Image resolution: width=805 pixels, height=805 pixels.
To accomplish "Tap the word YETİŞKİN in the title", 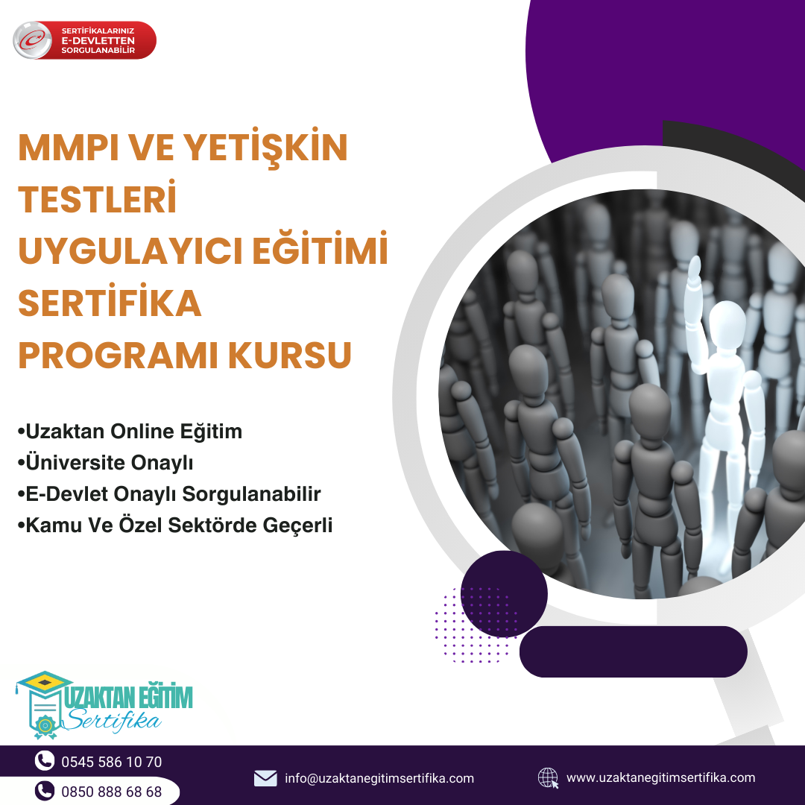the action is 265,147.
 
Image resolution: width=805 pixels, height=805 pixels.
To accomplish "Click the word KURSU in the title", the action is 289,355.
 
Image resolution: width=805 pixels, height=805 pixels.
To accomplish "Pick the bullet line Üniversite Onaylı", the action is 105,463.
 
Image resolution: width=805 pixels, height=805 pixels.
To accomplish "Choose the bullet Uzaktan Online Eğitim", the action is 130,432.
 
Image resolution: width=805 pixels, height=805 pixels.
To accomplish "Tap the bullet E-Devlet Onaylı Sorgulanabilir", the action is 169,494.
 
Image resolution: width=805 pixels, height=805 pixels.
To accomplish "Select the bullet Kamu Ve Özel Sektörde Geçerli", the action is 175,525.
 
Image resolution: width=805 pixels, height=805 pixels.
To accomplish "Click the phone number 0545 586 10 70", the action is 111,762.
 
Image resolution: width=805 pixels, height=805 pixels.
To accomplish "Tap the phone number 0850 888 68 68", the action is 111,792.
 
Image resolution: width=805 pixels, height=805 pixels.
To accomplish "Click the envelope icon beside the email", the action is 265,778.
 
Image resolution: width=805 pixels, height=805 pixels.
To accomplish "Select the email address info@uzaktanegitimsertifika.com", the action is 379,778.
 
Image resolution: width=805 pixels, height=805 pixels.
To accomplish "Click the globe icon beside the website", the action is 548,777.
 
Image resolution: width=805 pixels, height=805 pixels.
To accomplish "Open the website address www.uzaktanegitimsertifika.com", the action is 660,777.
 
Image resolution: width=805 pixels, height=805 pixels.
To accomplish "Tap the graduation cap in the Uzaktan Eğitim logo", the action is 45,682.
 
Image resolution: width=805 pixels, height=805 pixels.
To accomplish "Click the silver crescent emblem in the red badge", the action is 32,40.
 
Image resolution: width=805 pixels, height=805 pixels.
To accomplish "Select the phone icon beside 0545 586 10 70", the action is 45,761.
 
